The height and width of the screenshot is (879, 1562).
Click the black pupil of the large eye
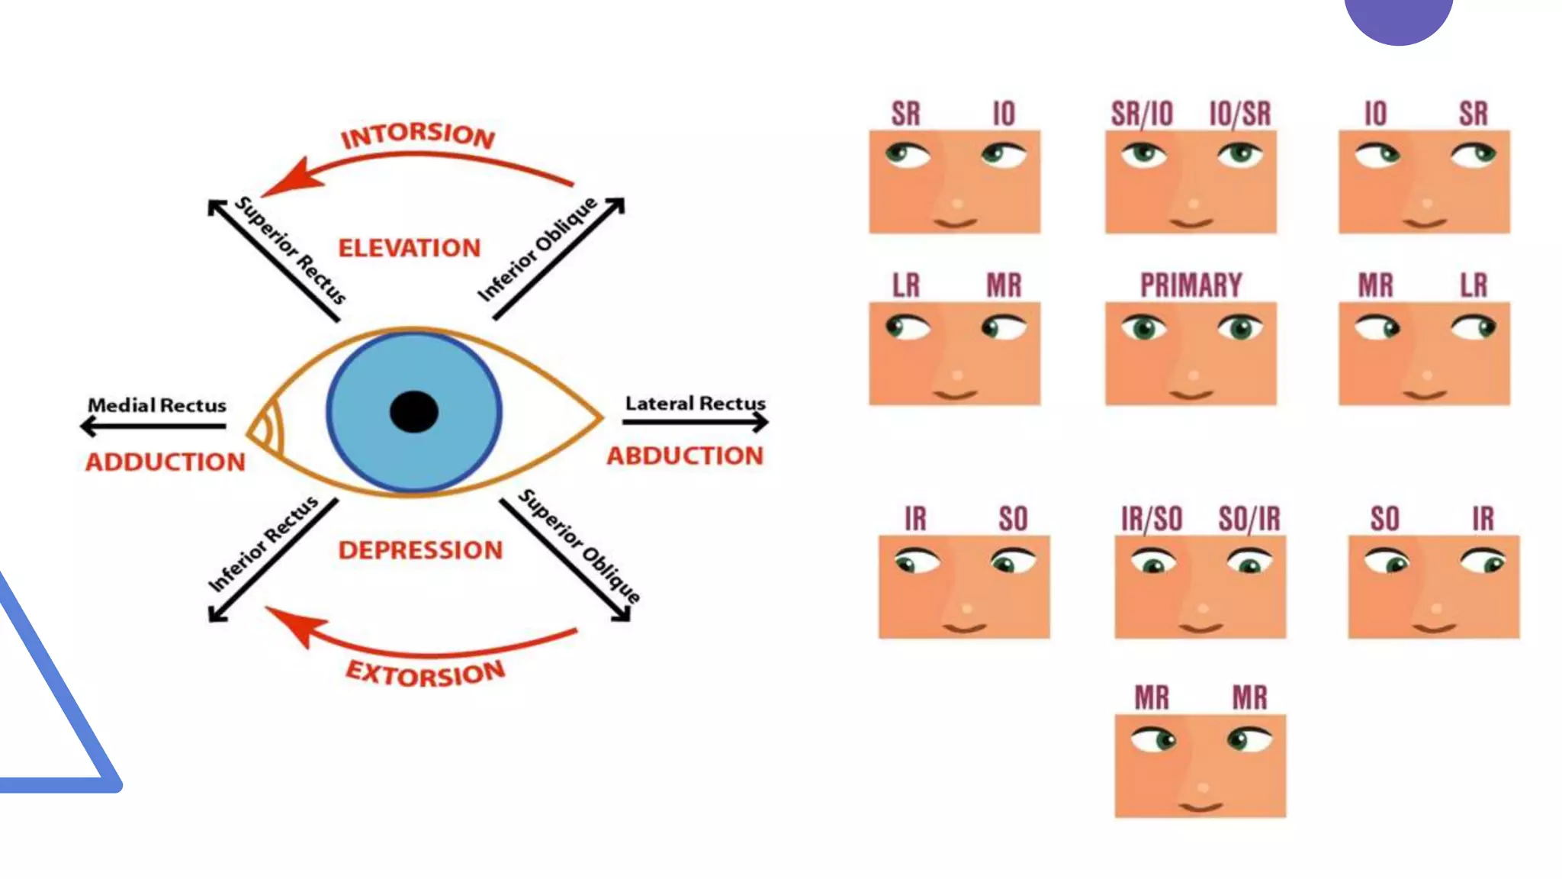tap(413, 412)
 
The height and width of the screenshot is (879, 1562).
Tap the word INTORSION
tap(418, 135)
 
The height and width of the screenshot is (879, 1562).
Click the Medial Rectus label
tap(157, 405)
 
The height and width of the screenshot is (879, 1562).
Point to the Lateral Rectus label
tap(695, 403)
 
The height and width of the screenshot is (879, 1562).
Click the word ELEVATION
tap(410, 248)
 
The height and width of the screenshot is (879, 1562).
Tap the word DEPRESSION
tap(420, 550)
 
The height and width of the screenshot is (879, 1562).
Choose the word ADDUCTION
tap(166, 462)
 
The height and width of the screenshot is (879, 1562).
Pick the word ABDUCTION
tap(685, 456)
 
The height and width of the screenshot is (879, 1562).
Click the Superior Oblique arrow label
tap(580, 546)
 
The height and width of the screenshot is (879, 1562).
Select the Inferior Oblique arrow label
tap(537, 249)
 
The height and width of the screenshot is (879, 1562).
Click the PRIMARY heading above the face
tap(1191, 285)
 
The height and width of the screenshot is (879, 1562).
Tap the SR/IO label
tap(1142, 114)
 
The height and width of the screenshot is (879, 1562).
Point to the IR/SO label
tap(1152, 519)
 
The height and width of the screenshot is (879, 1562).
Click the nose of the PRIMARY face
tap(1193, 375)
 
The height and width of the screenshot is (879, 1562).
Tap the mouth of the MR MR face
tap(1200, 807)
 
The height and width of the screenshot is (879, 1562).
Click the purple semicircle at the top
tap(1398, 18)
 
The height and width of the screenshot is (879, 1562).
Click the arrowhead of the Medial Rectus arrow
tap(88, 426)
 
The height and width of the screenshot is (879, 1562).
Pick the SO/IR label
tap(1249, 519)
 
